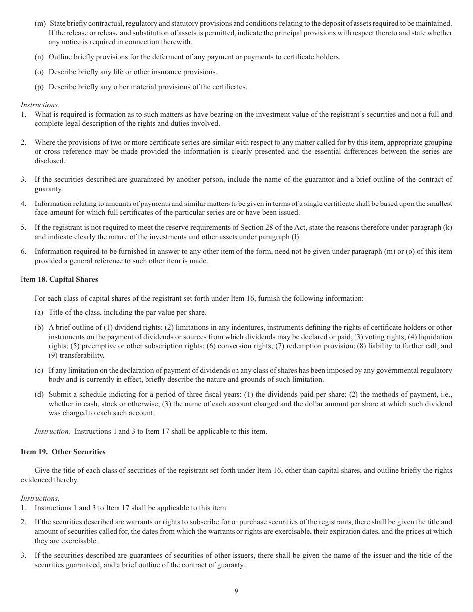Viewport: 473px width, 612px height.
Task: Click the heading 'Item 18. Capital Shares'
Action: pyautogui.click(x=59, y=279)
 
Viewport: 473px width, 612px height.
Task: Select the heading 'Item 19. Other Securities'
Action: pyautogui.click(x=63, y=452)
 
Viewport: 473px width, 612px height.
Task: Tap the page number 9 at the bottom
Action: pyautogui.click(x=236, y=591)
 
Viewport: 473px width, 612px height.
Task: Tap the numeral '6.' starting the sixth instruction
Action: pyautogui.click(x=23, y=251)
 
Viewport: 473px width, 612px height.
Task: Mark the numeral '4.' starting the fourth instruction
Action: pyautogui.click(x=23, y=203)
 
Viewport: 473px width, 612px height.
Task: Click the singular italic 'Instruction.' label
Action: pyautogui.click(x=52, y=431)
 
